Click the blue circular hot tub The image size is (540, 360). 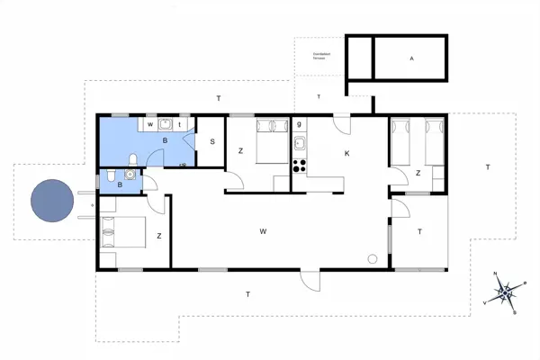click(x=51, y=201)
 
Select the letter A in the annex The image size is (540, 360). click(x=411, y=58)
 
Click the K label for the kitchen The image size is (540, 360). click(x=346, y=154)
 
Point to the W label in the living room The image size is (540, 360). click(x=263, y=231)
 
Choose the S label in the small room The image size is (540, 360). click(x=211, y=142)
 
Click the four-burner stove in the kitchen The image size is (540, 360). click(x=300, y=166)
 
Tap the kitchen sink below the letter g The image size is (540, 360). click(x=300, y=142)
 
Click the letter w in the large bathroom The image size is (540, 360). click(x=150, y=124)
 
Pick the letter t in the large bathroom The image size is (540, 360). click(x=181, y=124)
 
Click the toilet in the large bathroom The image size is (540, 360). click(x=132, y=160)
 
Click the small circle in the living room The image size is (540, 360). click(x=371, y=259)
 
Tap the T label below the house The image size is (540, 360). click(x=247, y=294)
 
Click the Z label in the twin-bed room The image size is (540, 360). click(x=417, y=173)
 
